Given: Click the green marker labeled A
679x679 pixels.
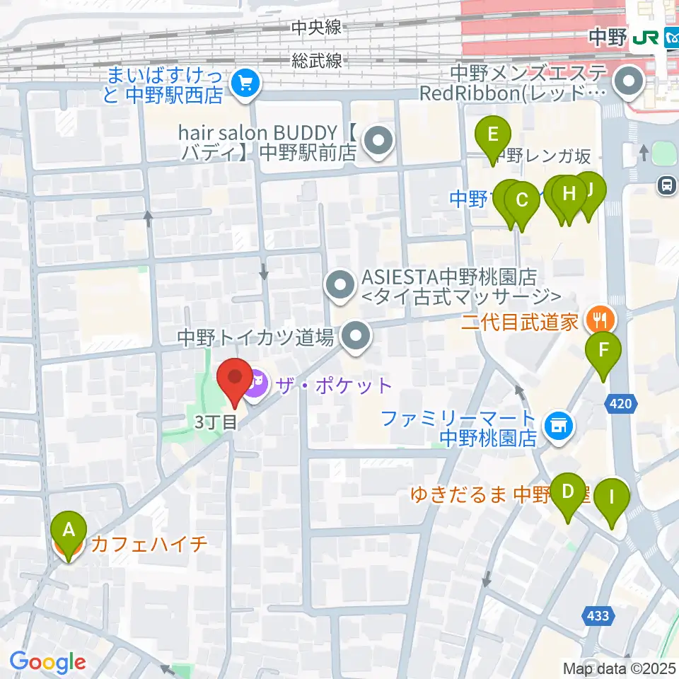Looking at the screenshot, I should pos(69,530).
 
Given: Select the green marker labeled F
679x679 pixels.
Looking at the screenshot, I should pos(603,350).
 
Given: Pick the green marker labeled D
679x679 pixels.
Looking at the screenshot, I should pos(567,491).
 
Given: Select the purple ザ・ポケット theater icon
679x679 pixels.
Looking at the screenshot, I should pos(256,385).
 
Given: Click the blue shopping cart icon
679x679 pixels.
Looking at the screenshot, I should pos(245,84).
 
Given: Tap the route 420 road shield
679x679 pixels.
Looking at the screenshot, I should pos(623,404).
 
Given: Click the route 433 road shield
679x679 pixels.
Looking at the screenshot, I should pos(598,616).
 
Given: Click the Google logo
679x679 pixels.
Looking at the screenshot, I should pos(48,662).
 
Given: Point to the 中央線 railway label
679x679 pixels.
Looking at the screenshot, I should pos(316,28).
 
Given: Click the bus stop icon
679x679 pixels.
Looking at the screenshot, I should pos(666,185).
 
